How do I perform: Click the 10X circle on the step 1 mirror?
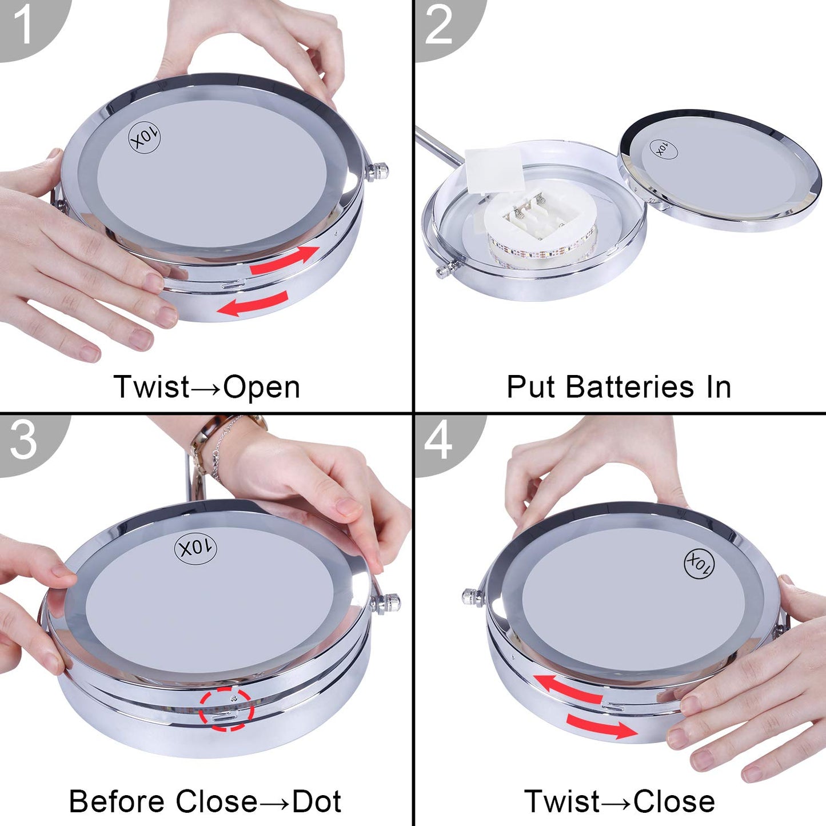click(145, 138)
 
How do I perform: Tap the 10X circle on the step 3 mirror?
click(195, 548)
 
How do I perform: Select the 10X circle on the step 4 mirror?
click(699, 563)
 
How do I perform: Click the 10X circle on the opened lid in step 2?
click(664, 150)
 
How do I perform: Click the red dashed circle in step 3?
click(226, 709)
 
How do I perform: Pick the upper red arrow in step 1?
click(285, 261)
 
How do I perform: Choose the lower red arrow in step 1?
click(252, 303)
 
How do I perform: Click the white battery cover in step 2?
click(494, 170)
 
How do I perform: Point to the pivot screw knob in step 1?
click(377, 171)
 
